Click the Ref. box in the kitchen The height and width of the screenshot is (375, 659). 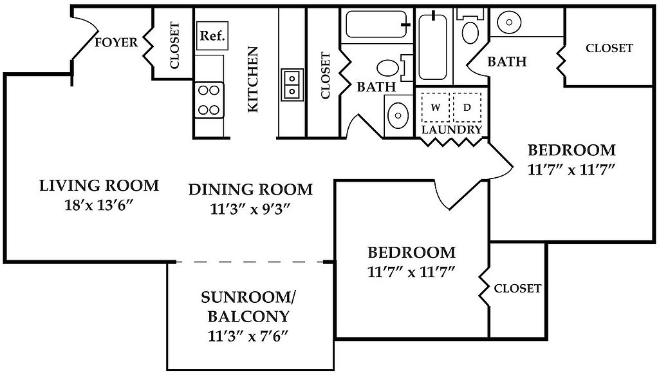click(x=212, y=36)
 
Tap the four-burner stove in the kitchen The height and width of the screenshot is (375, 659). click(x=209, y=100)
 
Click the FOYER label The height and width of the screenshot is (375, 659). click(x=116, y=43)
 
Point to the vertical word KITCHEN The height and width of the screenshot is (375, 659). click(x=253, y=79)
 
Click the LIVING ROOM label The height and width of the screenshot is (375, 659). click(x=99, y=186)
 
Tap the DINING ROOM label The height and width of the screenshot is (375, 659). click(x=250, y=189)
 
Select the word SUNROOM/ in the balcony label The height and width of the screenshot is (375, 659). click(x=248, y=298)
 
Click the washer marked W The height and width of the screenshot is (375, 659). click(x=435, y=108)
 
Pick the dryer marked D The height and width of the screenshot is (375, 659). click(x=467, y=108)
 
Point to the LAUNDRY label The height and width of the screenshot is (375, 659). click(x=452, y=130)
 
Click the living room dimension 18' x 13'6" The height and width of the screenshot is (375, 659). click(x=99, y=206)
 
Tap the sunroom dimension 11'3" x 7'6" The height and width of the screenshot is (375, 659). click(x=248, y=336)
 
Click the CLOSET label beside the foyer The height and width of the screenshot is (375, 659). click(x=174, y=46)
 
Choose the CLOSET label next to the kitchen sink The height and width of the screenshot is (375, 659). click(x=325, y=75)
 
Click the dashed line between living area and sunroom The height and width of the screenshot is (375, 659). click(x=250, y=262)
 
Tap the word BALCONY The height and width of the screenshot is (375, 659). click(x=248, y=317)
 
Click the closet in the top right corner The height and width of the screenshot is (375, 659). click(x=609, y=48)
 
